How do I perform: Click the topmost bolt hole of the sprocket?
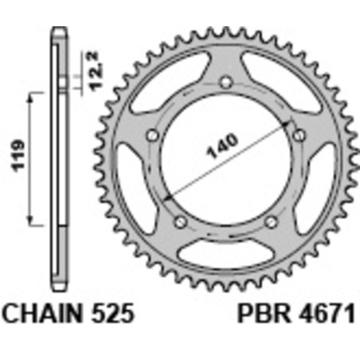tap(226, 82)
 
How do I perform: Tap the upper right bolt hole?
tap(298, 136)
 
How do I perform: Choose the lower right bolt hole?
tap(271, 221)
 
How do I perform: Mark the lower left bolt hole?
tap(181, 221)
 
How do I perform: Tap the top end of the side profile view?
tap(57, 32)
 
